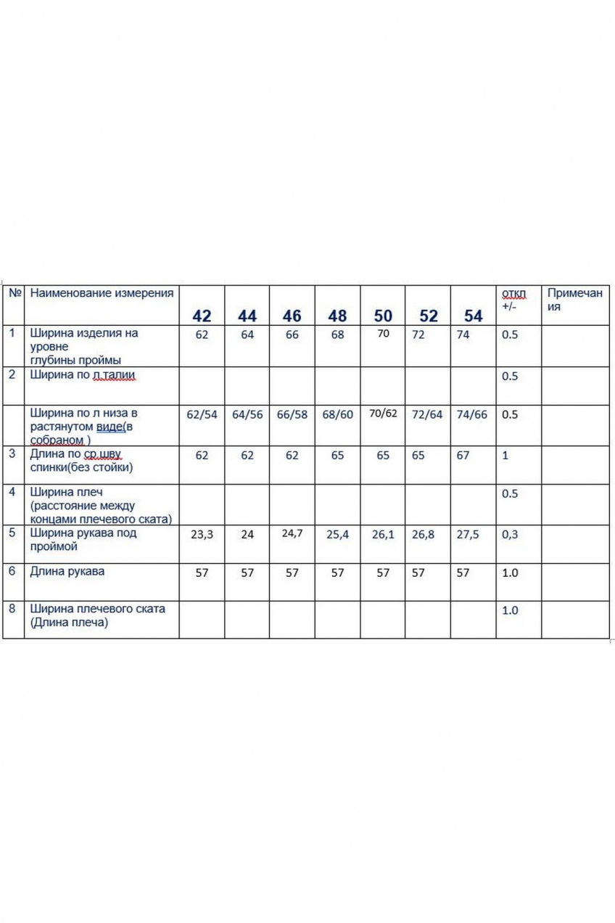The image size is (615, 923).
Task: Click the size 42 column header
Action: [x=202, y=316]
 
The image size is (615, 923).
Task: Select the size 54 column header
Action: [x=473, y=316]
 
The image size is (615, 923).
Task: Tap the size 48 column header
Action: [x=337, y=316]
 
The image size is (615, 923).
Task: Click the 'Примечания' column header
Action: [x=574, y=300]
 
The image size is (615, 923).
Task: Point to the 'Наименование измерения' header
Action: [x=102, y=293]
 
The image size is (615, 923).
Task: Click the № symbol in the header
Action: [x=14, y=293]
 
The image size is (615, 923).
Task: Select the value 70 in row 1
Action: [x=383, y=334]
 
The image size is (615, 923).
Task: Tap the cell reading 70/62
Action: [x=383, y=414]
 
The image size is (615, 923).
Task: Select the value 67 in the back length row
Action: [x=463, y=456]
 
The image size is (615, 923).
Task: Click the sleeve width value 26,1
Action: [x=383, y=534]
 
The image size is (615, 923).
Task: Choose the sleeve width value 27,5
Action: [x=473, y=534]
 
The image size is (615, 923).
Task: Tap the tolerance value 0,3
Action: [x=511, y=534]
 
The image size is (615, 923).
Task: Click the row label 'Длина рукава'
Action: [x=67, y=571]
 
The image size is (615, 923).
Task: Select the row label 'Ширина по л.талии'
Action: [x=83, y=375]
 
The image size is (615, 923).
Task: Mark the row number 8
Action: [x=12, y=608]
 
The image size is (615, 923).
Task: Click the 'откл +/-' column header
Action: [x=513, y=300]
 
